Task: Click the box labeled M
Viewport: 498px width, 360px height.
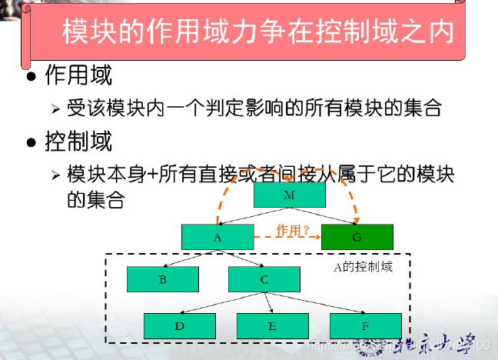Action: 289,195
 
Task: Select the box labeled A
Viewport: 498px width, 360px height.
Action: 217,237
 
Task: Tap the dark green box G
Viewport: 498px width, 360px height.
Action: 357,237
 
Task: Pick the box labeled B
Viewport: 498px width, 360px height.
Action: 163,279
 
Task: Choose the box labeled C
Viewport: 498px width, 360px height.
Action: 264,279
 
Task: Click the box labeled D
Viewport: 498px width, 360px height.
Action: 179,325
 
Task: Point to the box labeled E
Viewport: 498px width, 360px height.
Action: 272,325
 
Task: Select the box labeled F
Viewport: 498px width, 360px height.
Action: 365,325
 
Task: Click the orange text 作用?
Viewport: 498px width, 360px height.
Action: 293,229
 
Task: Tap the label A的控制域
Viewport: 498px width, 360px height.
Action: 363,267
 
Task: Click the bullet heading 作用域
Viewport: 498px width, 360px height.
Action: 78,75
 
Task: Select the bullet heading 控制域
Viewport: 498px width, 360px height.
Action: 78,142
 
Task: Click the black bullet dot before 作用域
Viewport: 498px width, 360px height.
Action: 32,77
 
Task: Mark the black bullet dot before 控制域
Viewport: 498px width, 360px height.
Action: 32,143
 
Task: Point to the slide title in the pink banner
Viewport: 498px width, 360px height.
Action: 257,33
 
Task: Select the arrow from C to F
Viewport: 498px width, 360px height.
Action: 315,303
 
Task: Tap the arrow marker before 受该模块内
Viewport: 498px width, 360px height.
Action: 55,108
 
